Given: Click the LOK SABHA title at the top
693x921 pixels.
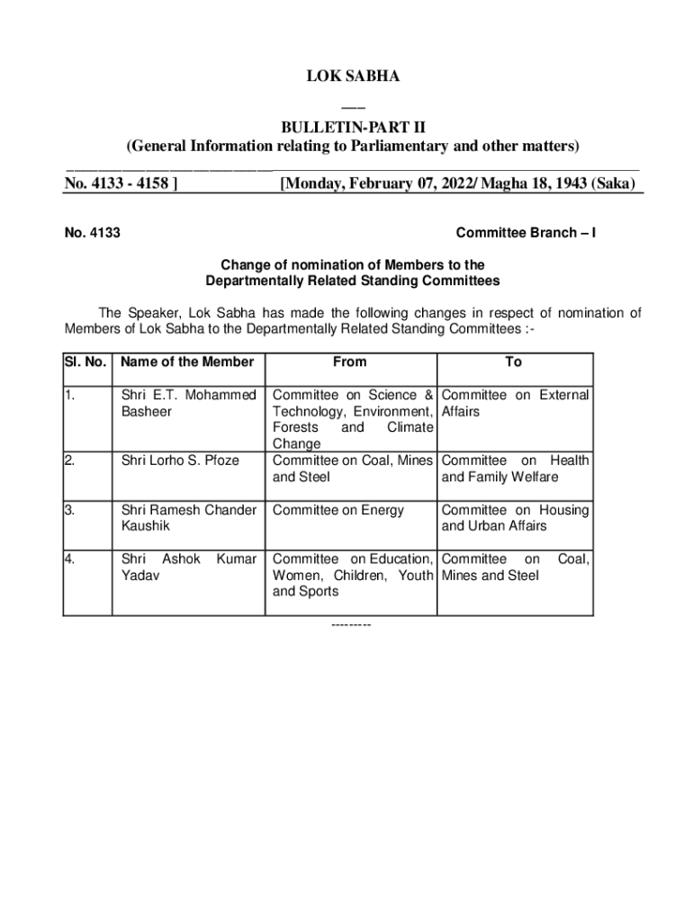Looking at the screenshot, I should point(352,77).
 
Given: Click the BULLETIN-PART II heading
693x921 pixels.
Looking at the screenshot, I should point(352,127).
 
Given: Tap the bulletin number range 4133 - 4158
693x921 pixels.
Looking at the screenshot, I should point(120,184).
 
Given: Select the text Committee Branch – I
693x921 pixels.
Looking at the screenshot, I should point(526,234).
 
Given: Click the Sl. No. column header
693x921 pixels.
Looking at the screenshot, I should point(86,362).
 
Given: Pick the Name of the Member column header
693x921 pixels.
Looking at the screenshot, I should point(188,362).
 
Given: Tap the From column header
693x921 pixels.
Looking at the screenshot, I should point(350,362).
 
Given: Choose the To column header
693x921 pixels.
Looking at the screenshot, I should point(514,362).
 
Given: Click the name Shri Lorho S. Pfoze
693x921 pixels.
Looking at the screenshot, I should point(180,460).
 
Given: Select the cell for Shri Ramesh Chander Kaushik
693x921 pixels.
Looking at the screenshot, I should point(188,517).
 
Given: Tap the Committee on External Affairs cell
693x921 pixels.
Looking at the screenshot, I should point(515,403).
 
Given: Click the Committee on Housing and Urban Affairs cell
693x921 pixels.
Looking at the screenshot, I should point(515,517).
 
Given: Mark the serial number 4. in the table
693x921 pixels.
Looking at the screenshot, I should point(69,559).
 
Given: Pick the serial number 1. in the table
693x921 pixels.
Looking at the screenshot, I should point(69,395).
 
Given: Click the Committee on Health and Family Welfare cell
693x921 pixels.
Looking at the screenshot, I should point(515,469).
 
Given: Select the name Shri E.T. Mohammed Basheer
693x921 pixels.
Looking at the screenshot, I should point(188,403).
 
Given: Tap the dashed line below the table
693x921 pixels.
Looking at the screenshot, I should point(351,624).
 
